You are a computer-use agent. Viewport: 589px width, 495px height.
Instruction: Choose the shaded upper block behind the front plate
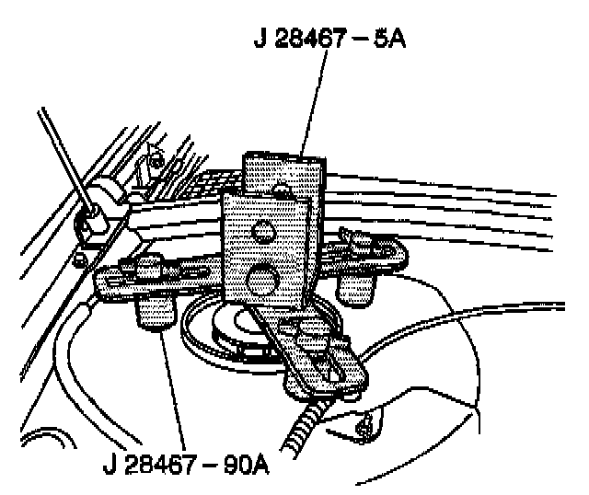283,172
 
